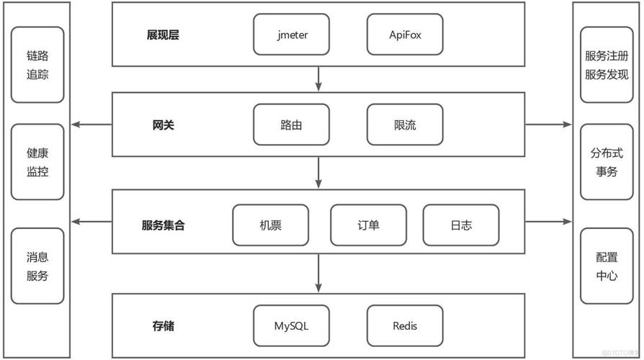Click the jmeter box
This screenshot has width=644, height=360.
[291, 35]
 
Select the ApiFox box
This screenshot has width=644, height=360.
[404, 35]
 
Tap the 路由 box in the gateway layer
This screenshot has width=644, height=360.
[291, 125]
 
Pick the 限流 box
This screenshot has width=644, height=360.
[404, 125]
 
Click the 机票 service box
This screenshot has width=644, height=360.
[270, 225]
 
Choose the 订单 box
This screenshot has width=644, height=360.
[368, 225]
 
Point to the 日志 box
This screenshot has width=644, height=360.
[461, 225]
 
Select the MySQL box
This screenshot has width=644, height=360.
[291, 325]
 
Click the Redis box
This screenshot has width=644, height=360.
[404, 325]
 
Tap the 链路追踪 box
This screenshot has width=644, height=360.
[37, 65]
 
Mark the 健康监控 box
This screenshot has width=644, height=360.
[37, 162]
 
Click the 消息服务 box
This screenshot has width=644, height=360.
[37, 266]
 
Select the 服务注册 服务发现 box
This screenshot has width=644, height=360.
[607, 65]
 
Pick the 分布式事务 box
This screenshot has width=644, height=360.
[607, 162]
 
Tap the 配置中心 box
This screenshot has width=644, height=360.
[607, 266]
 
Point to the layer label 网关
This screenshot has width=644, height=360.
[163, 125]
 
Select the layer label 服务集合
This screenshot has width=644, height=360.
[163, 225]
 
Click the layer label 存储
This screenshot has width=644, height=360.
[163, 326]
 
